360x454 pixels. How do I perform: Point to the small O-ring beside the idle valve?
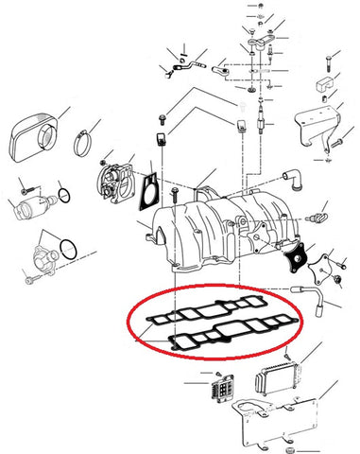coord(62,197)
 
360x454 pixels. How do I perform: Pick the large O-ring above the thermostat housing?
coord(68,251)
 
